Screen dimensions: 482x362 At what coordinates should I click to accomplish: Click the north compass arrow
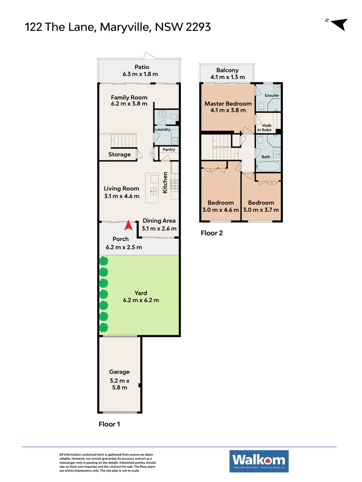click(x=341, y=24)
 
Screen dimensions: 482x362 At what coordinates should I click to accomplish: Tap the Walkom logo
click(x=259, y=461)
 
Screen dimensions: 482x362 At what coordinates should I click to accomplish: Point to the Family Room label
click(x=129, y=98)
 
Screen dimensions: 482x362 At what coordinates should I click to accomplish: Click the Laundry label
click(x=163, y=129)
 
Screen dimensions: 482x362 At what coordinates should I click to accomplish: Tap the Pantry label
click(x=169, y=150)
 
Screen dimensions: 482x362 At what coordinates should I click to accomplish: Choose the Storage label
click(x=119, y=154)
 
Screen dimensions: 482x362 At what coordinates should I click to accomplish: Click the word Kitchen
click(x=165, y=183)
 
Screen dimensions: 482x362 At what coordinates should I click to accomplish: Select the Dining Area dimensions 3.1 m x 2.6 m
click(x=159, y=229)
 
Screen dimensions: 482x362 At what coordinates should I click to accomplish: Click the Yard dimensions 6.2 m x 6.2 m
click(x=141, y=300)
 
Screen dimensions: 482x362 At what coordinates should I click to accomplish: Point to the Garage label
click(x=119, y=372)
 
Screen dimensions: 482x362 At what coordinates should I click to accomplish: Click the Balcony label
click(x=227, y=70)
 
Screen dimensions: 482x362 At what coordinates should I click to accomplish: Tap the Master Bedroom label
click(x=228, y=104)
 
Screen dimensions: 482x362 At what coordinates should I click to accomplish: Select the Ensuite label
click(x=272, y=96)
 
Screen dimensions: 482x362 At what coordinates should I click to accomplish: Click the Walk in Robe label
click(x=267, y=128)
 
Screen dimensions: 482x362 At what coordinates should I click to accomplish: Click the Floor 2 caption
click(x=211, y=233)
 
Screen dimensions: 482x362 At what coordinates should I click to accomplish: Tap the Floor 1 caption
click(x=109, y=424)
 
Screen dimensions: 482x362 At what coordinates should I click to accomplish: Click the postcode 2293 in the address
click(x=195, y=27)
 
